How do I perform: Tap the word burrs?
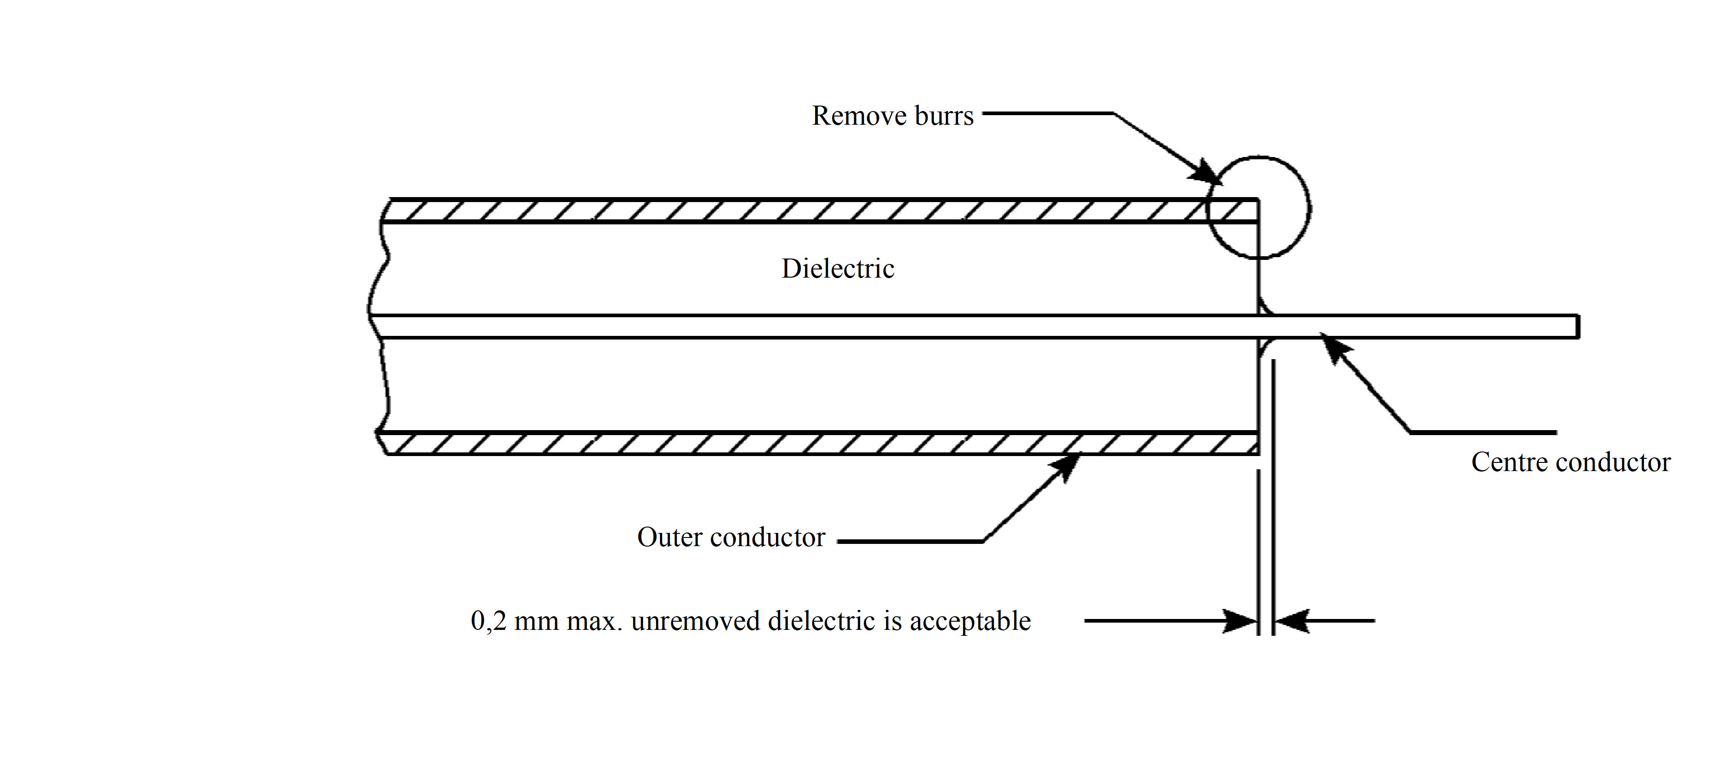[x=944, y=116]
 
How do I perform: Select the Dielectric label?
[x=838, y=269]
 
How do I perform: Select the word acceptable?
[x=970, y=621]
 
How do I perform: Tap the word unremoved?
[x=695, y=621]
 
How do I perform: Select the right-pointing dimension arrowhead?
[x=1241, y=621]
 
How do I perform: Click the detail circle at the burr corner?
[x=1308, y=207]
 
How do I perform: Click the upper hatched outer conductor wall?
[x=801, y=210]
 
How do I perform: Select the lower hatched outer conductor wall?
[x=801, y=443]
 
